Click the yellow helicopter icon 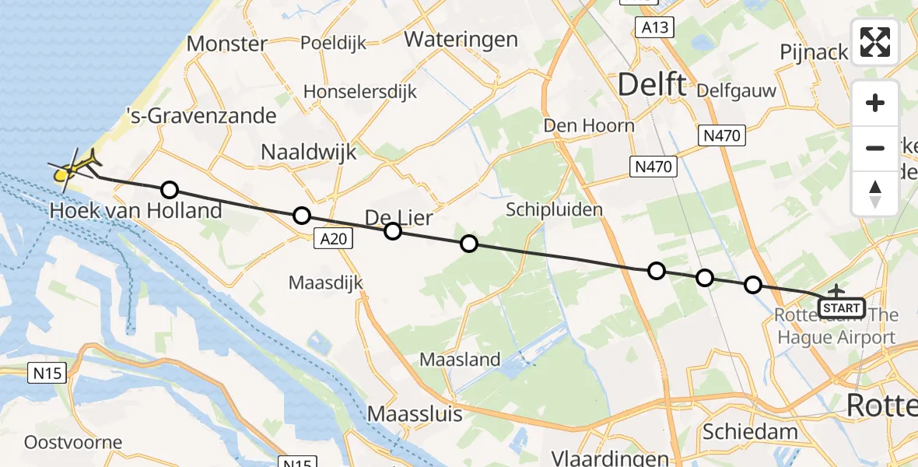72,170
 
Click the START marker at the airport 841,308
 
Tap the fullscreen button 875,42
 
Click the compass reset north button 875,193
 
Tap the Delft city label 652,85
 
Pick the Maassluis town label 415,413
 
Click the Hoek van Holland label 136,210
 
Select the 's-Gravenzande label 201,117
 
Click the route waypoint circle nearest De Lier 392,231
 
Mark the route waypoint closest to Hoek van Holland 169,189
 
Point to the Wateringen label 461,39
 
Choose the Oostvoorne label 73,442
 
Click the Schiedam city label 750,432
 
